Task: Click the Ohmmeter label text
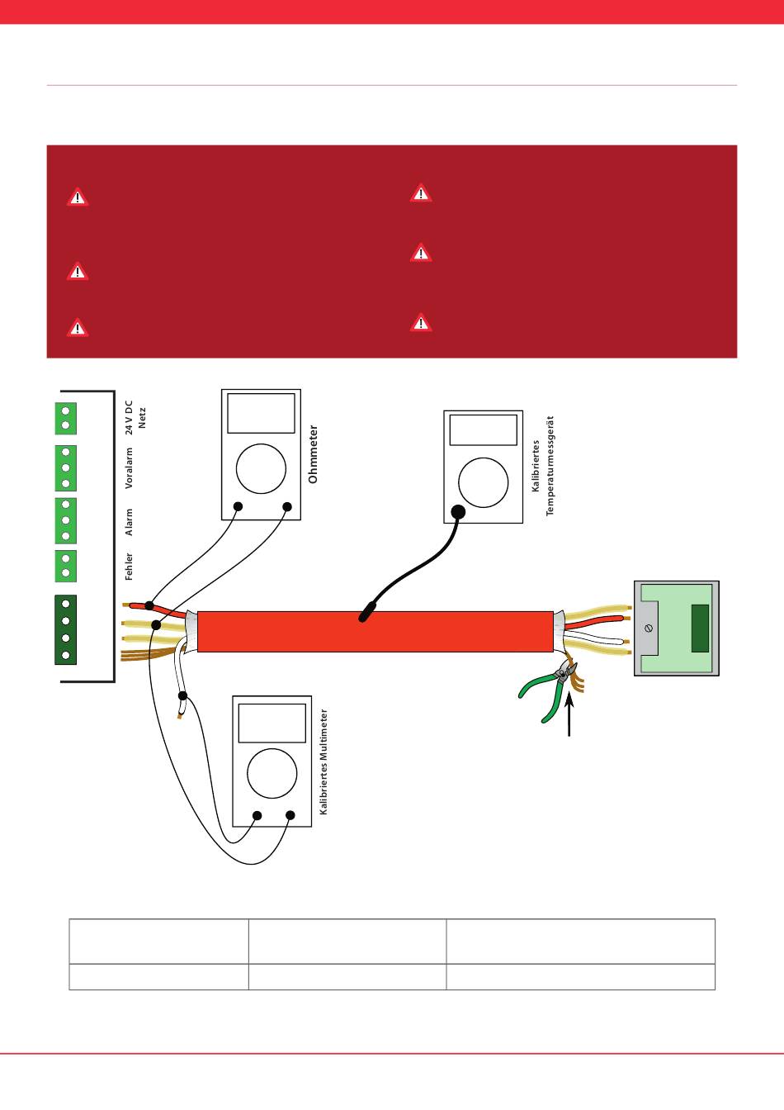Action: (313, 454)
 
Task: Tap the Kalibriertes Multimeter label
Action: (324, 761)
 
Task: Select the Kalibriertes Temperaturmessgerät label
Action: (542, 466)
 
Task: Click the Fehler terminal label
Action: (129, 567)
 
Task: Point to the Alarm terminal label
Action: (129, 522)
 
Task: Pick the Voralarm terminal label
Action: (129, 468)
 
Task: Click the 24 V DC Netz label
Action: (135, 418)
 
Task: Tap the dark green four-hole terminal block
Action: (65, 629)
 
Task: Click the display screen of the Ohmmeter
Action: (261, 413)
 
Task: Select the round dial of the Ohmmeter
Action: (261, 469)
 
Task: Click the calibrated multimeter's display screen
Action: (272, 723)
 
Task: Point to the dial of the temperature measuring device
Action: (484, 482)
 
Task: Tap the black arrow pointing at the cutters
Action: (569, 714)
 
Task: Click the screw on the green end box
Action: (649, 629)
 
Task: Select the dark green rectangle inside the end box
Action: (700, 629)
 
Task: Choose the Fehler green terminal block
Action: (65, 566)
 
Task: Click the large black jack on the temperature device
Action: (458, 512)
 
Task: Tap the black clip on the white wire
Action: (182, 695)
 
